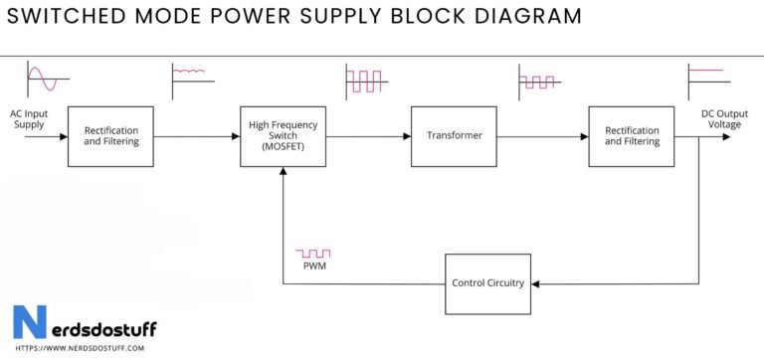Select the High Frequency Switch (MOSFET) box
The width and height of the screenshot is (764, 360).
[283, 135]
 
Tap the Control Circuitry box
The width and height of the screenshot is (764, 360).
[486, 283]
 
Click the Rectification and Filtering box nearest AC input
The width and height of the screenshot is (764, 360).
[110, 135]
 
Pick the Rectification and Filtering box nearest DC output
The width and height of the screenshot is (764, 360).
[632, 135]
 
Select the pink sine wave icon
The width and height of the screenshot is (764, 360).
[43, 78]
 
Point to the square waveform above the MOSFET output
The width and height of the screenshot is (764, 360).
[364, 80]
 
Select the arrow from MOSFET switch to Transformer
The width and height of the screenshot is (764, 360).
[367, 135]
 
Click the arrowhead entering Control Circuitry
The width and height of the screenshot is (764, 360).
[535, 283]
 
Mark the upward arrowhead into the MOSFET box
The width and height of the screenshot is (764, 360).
[284, 172]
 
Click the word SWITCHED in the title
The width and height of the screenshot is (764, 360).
[71, 16]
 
